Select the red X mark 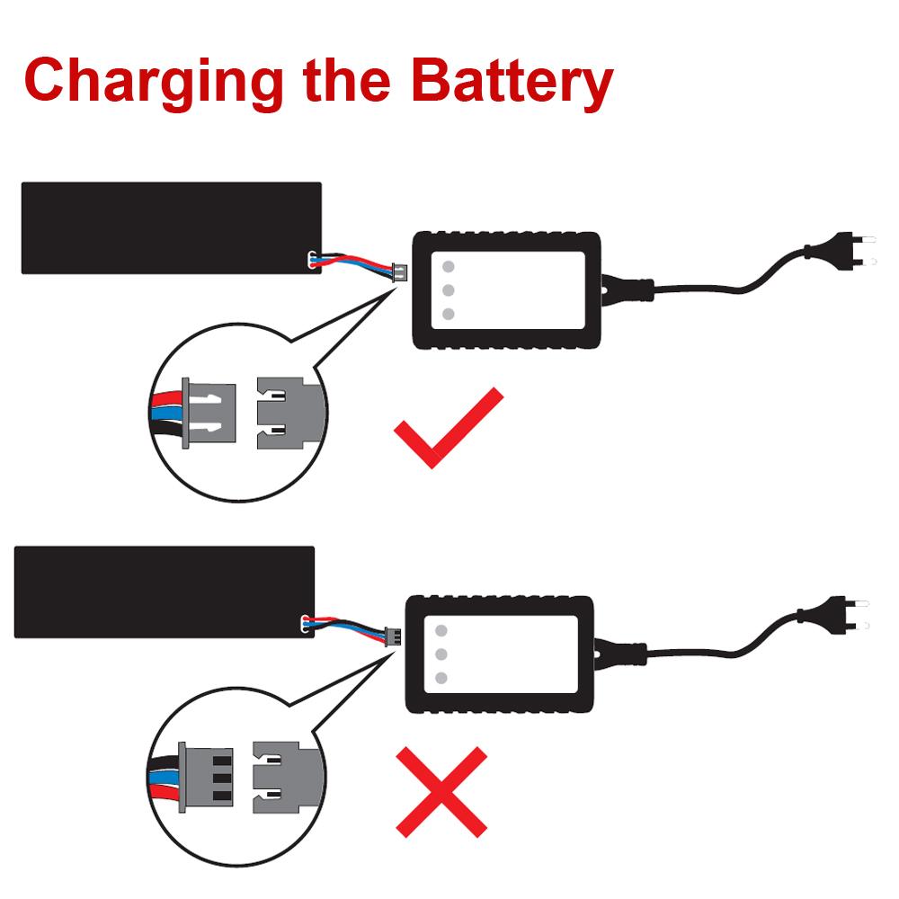[x=441, y=791]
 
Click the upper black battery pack [x=171, y=227]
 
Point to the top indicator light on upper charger [x=448, y=267]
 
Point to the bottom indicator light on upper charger [x=448, y=314]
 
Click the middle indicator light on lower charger [x=441, y=654]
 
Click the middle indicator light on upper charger [x=448, y=290]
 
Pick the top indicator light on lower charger [x=441, y=630]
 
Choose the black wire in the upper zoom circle [x=169, y=434]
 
